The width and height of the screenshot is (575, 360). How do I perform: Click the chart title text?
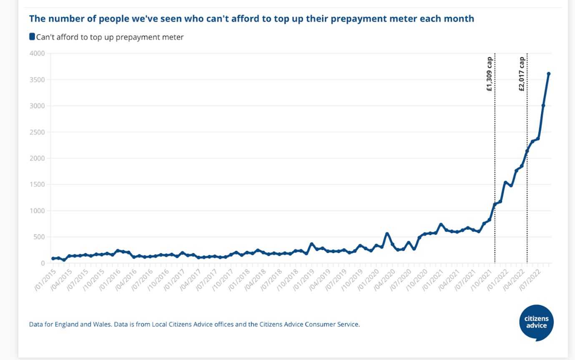point(251,19)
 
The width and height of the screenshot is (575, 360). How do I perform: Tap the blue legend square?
point(32,37)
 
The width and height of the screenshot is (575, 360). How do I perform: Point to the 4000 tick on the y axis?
point(37,53)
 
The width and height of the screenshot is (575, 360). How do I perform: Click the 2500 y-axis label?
point(37,132)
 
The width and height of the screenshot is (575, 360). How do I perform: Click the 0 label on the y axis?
point(43,263)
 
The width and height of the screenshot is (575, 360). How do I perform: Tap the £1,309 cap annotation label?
point(490,73)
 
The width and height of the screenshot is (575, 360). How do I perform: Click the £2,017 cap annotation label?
point(522,73)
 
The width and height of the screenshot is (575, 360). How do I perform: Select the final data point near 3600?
point(549,74)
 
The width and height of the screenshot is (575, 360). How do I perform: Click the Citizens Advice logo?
point(537,322)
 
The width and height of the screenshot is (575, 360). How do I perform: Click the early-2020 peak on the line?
point(387,234)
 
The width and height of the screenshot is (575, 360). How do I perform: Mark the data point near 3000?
point(543,106)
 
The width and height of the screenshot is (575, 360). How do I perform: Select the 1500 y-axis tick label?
point(37,184)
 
